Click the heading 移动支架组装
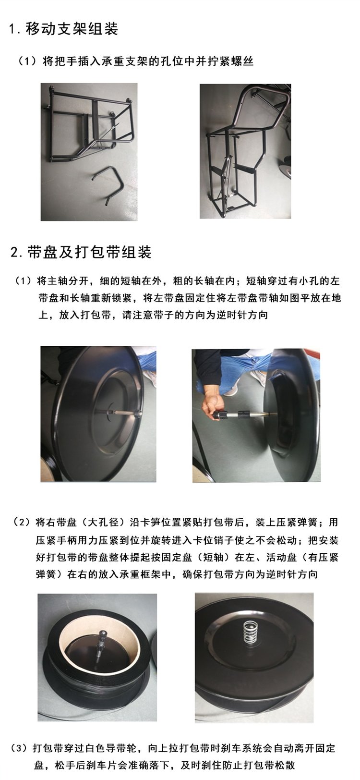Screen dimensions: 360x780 point(72,28)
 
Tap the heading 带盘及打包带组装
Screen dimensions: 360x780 point(90,252)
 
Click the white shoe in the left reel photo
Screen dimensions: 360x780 point(150,378)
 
